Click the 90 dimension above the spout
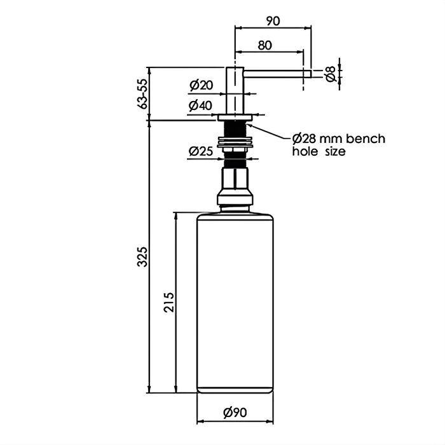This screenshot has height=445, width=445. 273,20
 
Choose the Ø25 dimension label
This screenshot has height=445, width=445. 200,151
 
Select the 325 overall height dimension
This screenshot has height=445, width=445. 143,256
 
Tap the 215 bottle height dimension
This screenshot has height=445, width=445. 169,303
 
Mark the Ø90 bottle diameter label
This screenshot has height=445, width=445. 235,413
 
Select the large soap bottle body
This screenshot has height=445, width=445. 235,302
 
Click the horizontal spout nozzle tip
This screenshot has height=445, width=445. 307,74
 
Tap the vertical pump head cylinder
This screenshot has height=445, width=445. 235,89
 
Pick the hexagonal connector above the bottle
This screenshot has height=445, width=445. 235,179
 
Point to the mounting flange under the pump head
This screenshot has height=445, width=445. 235,118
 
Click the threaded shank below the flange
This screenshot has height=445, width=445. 235,130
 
